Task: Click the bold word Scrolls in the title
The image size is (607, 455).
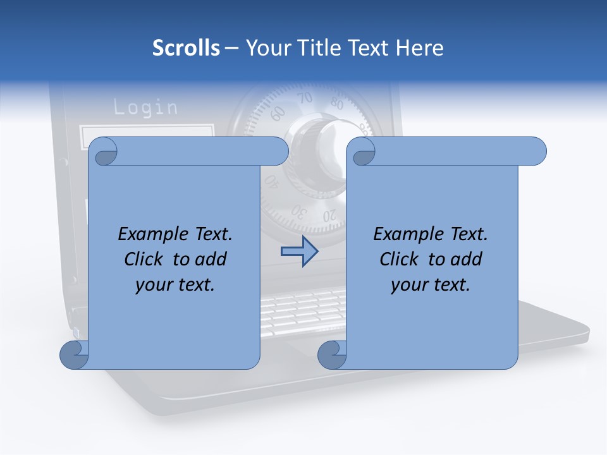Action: point(186,48)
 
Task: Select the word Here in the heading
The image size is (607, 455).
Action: point(419,48)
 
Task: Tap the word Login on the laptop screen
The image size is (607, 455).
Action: point(145,107)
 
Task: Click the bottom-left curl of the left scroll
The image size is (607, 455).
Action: point(74,355)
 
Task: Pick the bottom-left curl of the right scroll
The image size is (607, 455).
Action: point(332,355)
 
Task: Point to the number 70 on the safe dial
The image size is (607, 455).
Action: point(305,98)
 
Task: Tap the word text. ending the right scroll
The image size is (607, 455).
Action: point(451,284)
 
